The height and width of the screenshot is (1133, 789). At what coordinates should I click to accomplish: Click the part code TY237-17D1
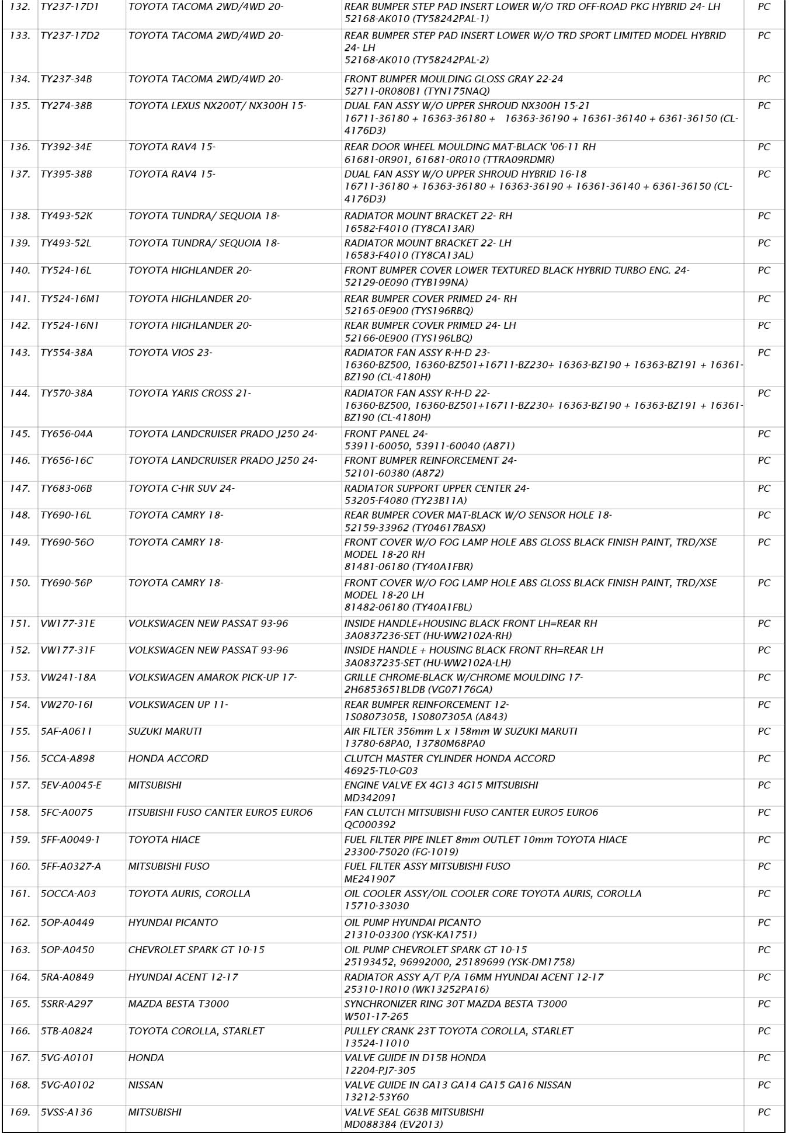pyautogui.click(x=69, y=7)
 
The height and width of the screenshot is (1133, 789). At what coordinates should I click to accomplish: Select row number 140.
pyautogui.click(x=20, y=271)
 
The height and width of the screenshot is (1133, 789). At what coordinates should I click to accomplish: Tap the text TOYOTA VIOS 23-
pyautogui.click(x=170, y=353)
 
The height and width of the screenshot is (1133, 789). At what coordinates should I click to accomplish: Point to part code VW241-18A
pyautogui.click(x=68, y=677)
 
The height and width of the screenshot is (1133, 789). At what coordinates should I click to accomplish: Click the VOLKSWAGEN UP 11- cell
pyautogui.click(x=178, y=705)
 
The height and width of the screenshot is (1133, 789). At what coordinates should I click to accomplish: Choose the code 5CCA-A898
pyautogui.click(x=67, y=759)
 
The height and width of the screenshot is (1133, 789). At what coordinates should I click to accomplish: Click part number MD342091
pyautogui.click(x=370, y=798)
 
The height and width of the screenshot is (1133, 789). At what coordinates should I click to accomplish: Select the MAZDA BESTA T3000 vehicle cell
pyautogui.click(x=178, y=1004)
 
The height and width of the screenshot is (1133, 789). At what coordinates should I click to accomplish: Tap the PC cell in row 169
pyautogui.click(x=764, y=1113)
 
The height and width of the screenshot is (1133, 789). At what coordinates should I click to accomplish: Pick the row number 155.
pyautogui.click(x=20, y=732)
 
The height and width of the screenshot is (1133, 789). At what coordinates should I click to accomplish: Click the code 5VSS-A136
pyautogui.click(x=67, y=1113)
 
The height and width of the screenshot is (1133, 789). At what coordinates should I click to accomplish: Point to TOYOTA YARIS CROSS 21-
pyautogui.click(x=189, y=394)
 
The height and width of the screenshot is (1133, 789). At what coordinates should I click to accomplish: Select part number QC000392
pyautogui.click(x=370, y=825)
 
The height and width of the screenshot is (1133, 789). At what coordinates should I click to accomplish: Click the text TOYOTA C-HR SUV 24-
pyautogui.click(x=181, y=488)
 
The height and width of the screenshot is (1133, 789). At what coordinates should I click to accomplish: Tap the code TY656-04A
pyautogui.click(x=67, y=434)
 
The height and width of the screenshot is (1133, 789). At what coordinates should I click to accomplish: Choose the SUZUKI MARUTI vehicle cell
pyautogui.click(x=165, y=732)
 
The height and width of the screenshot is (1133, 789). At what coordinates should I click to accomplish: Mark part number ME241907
pyautogui.click(x=370, y=879)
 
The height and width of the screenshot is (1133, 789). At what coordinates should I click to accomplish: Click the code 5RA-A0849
pyautogui.click(x=67, y=977)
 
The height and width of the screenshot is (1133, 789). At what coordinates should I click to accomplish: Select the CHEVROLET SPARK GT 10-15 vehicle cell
pyautogui.click(x=196, y=950)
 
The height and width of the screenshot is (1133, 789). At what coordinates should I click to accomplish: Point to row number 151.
pyautogui.click(x=20, y=624)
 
